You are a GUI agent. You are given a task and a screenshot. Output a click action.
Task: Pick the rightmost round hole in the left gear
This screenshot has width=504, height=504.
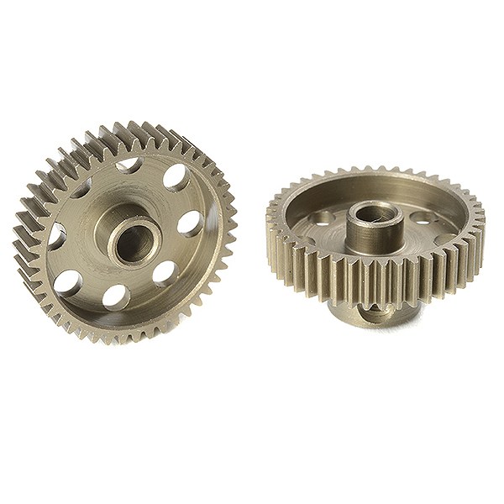click(191, 223)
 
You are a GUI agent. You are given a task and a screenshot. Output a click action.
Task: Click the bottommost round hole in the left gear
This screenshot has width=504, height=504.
click(116, 295)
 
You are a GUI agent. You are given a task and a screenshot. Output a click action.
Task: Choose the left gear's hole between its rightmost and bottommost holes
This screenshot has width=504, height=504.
click(165, 273)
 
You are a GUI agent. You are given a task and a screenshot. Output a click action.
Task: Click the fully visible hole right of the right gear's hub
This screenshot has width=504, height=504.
click(424, 219)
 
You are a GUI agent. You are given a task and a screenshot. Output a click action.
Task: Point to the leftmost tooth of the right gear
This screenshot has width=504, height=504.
click(270, 223)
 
